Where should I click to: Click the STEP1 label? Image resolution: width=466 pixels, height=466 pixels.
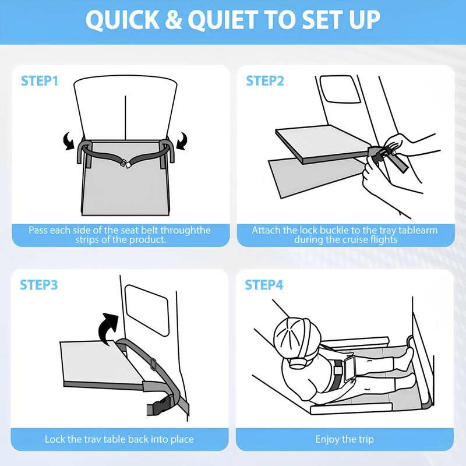[40, 81]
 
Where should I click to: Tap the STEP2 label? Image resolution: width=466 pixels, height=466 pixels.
[265, 81]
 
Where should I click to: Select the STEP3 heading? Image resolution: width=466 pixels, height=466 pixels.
[39, 285]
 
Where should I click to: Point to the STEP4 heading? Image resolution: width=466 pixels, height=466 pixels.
[264, 285]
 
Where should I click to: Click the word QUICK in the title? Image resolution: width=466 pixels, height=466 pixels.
[123, 20]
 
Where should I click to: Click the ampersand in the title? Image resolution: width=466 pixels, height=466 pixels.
[174, 20]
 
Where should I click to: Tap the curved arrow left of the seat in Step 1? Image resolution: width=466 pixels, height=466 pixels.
[69, 140]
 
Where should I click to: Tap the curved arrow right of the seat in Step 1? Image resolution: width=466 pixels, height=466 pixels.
[182, 140]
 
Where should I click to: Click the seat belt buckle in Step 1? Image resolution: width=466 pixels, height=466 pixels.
[125, 164]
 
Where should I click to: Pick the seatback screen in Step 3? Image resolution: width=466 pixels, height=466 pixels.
[147, 310]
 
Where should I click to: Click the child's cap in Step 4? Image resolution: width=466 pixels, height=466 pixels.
[297, 333]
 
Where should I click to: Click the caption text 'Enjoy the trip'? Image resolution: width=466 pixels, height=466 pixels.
[344, 439]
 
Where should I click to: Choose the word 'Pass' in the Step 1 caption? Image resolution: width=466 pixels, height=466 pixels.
[38, 230]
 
